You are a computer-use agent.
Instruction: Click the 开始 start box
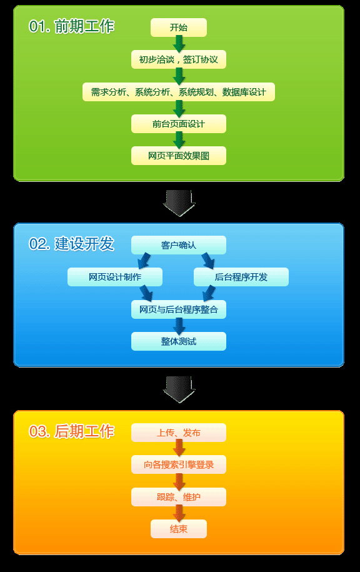tap(179, 28)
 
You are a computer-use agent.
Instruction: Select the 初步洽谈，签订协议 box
tap(179, 59)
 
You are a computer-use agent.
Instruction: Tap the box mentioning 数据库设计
tap(179, 92)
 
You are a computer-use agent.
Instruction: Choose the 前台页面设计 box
tap(179, 124)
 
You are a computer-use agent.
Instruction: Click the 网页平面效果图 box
tap(179, 156)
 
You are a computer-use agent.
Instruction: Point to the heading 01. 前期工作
tap(71, 27)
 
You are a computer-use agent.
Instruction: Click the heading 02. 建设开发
tap(71, 244)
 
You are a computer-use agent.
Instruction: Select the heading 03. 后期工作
tap(71, 431)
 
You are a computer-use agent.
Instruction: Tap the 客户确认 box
tap(179, 245)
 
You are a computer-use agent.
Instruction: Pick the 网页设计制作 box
tap(115, 277)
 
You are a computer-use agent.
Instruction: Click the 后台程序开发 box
tap(241, 277)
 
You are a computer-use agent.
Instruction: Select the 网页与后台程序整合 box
tap(179, 309)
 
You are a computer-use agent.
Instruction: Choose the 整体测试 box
tap(179, 341)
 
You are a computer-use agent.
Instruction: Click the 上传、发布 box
tap(179, 433)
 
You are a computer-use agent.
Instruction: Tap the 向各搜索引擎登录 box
tap(179, 464)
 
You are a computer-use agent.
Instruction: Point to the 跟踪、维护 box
tap(179, 497)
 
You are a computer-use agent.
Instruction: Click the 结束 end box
tap(179, 529)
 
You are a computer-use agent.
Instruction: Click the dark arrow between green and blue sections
tap(179, 203)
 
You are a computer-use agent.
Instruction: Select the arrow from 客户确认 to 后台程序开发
tap(208, 261)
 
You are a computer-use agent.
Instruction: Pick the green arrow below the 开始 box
tap(179, 44)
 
